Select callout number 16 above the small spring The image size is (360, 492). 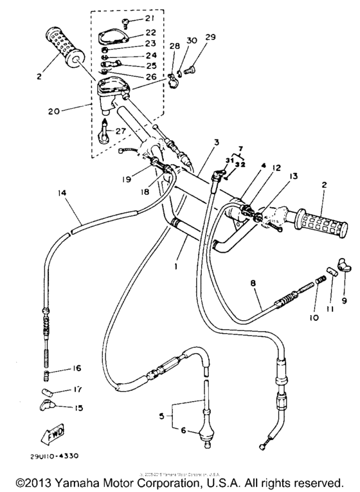76,369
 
